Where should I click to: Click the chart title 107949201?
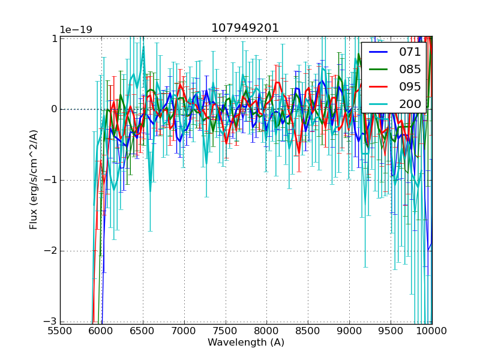click(x=245, y=28)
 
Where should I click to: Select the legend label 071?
click(x=410, y=52)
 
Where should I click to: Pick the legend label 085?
click(x=410, y=70)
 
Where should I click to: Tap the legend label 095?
click(x=410, y=87)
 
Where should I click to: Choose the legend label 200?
click(x=410, y=104)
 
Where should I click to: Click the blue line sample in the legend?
click(x=380, y=52)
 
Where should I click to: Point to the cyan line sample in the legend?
click(x=380, y=104)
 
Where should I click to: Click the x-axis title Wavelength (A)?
click(x=246, y=343)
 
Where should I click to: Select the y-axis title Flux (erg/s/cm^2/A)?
click(x=34, y=181)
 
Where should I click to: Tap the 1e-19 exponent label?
click(x=76, y=30)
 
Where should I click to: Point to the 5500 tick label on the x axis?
click(x=60, y=331)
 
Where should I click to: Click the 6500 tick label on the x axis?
click(x=143, y=331)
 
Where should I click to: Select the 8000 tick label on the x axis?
click(x=266, y=331)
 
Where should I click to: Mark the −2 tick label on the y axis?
click(x=50, y=251)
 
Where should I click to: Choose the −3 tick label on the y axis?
click(x=50, y=322)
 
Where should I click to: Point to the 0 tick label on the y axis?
click(x=53, y=109)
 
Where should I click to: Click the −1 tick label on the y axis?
click(x=50, y=181)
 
